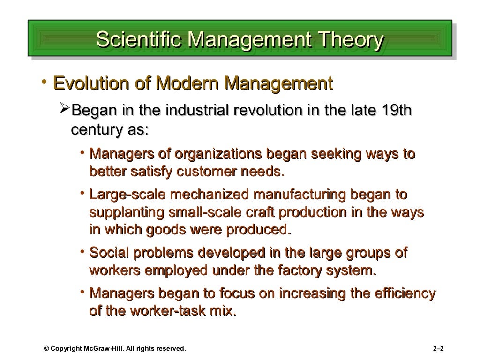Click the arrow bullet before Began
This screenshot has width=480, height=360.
click(x=66, y=111)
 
